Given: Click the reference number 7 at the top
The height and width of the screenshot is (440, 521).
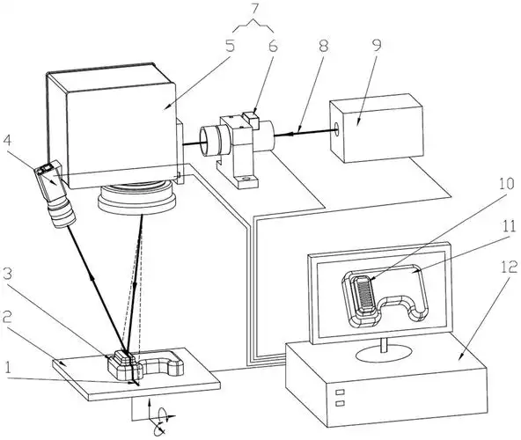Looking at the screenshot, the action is [253, 9].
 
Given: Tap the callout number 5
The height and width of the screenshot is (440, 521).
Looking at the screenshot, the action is [230, 46].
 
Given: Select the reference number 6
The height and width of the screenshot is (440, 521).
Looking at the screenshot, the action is [273, 46].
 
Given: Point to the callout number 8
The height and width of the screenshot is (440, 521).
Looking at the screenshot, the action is [323, 46].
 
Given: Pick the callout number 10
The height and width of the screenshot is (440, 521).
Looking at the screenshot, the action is [507, 184].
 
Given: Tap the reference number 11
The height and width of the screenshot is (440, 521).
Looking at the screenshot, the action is [509, 226].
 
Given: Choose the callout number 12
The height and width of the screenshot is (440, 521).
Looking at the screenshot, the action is [509, 268].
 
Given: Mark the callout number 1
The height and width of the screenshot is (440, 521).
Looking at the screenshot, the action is [7, 368].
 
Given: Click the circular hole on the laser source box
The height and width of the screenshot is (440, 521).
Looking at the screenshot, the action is [336, 129].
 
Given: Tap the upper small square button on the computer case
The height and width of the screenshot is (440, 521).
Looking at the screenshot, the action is [340, 392].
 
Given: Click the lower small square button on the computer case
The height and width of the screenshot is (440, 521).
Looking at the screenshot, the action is [340, 403].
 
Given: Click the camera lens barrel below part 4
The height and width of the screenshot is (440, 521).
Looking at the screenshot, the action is [62, 212].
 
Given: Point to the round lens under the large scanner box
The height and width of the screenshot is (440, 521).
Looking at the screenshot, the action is [137, 198].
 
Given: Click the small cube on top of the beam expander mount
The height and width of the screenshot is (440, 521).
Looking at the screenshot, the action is [251, 120].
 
